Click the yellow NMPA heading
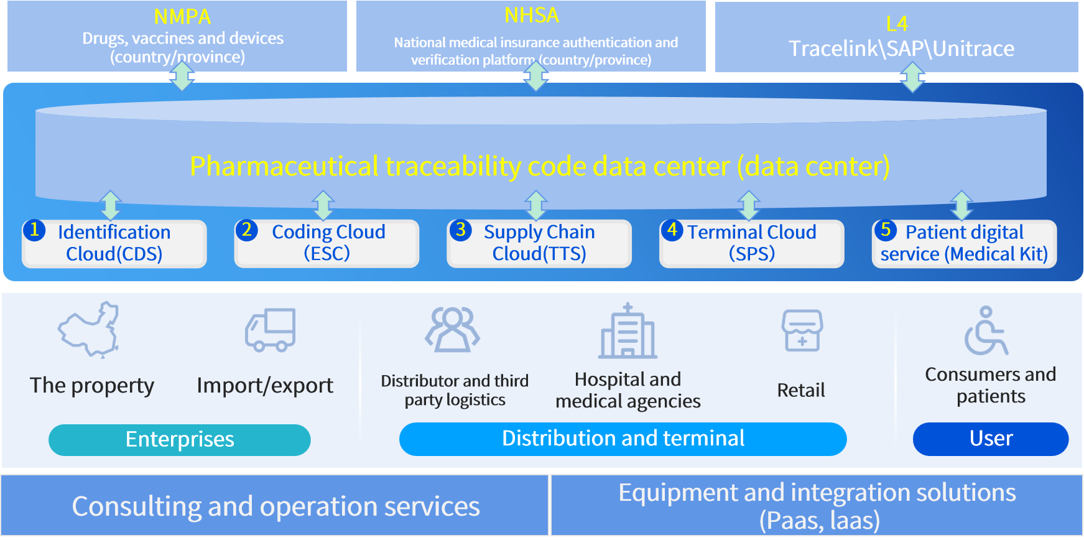(x=182, y=17)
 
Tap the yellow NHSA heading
(x=532, y=16)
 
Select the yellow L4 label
(x=897, y=24)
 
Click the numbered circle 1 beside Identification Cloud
(x=34, y=230)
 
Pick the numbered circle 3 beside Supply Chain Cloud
(x=461, y=230)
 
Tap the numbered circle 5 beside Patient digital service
(x=886, y=230)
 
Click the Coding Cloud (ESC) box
(x=327, y=243)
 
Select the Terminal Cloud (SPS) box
(x=751, y=243)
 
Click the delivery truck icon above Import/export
(x=271, y=330)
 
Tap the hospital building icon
(x=628, y=332)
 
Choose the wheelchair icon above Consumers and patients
(x=986, y=331)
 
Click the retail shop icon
(x=802, y=330)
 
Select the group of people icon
(x=452, y=329)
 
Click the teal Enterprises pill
(x=180, y=440)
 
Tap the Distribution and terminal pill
(x=623, y=439)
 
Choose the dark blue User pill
(x=991, y=439)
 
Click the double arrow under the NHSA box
(x=535, y=76)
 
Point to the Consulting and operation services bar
(x=275, y=506)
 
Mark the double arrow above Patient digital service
(x=961, y=205)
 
